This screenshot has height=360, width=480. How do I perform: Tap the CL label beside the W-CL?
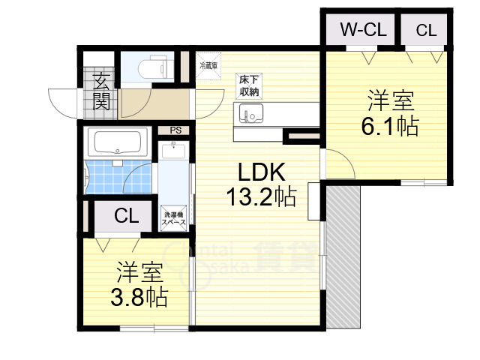click(x=426, y=30)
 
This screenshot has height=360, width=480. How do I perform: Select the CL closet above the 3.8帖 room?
click(x=126, y=216)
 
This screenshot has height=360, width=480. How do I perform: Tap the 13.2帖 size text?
click(x=261, y=197)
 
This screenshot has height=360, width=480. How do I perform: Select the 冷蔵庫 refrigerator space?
click(x=208, y=66)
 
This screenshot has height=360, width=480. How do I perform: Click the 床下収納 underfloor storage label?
click(x=249, y=85)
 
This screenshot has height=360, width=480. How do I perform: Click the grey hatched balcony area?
click(x=344, y=255)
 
